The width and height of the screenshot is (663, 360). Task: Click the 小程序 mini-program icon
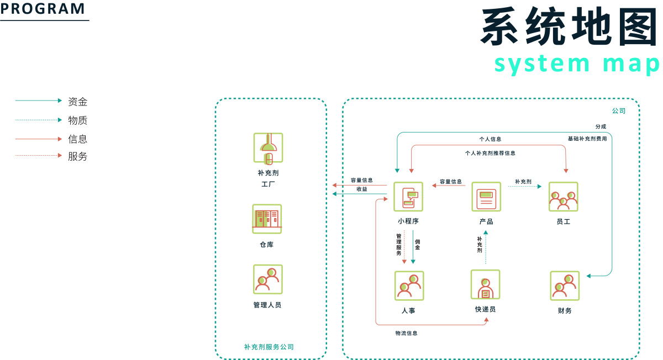click(408, 197)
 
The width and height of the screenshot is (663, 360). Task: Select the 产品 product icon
click(486, 197)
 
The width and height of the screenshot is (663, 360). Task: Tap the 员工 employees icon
click(563, 197)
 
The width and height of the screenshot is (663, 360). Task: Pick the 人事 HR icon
click(409, 285)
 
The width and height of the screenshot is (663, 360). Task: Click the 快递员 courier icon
click(485, 284)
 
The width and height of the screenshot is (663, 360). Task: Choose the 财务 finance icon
click(565, 285)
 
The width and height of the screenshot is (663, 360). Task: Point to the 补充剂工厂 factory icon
click(268, 147)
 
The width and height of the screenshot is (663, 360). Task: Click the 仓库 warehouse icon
click(267, 219)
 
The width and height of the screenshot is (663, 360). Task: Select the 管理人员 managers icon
click(268, 279)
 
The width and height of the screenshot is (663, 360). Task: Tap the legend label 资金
click(77, 102)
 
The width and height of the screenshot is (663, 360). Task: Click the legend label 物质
click(77, 120)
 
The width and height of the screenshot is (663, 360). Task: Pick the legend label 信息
click(77, 139)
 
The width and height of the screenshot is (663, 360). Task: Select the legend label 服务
click(77, 156)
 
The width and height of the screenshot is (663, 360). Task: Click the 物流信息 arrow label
click(406, 333)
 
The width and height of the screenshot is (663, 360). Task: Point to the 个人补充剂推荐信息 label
click(490, 153)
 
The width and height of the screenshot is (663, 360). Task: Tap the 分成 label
click(601, 126)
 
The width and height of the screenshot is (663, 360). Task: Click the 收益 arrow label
click(361, 189)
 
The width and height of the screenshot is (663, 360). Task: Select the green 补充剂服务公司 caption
click(269, 347)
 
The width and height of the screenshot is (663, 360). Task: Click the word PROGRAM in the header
click(43, 9)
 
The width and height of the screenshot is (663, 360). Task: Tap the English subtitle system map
click(577, 63)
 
